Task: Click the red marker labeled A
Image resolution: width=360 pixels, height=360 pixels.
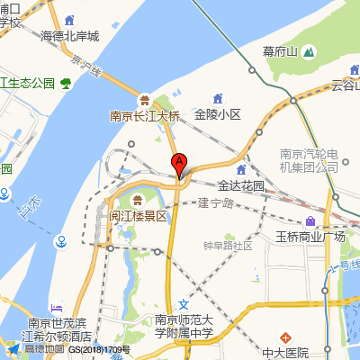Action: point(179,164)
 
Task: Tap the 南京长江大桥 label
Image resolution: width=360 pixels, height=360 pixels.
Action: point(145,115)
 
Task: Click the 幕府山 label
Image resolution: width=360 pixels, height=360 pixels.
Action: point(280,51)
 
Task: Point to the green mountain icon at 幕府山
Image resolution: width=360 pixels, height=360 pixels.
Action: point(308,52)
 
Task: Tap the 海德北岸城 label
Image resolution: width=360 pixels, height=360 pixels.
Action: point(82,37)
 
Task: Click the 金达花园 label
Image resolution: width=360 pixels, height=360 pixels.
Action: point(241,185)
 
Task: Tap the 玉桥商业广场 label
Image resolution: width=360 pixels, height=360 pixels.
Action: point(310,238)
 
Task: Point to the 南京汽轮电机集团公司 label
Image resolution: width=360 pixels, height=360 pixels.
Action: point(309,159)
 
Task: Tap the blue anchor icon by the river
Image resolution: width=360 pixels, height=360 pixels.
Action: point(61,241)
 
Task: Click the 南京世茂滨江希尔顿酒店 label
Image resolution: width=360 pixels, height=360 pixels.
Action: point(59,329)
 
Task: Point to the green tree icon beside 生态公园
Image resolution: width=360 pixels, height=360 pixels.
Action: point(67,85)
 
